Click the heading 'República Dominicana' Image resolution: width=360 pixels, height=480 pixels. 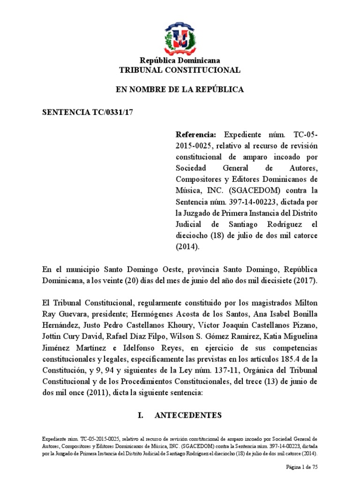[x=180, y=60]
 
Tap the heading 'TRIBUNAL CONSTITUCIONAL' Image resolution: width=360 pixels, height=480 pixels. [x=180, y=70]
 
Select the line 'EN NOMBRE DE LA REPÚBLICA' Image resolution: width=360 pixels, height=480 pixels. [x=180, y=90]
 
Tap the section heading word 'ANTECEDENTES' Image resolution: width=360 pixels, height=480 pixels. [x=191, y=416]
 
